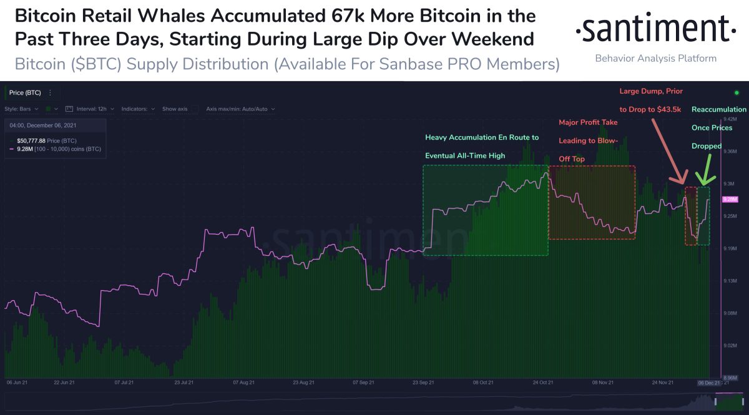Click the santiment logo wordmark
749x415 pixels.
pyautogui.click(x=655, y=29)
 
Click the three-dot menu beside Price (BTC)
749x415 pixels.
pyautogui.click(x=50, y=92)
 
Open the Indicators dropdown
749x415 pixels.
pyautogui.click(x=138, y=109)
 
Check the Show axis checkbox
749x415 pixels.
pyautogui.click(x=194, y=109)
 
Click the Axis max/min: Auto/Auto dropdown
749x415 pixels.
pyautogui.click(x=240, y=109)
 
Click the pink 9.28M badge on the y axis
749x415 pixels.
pyautogui.click(x=730, y=199)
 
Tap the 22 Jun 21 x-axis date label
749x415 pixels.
pyautogui.click(x=64, y=381)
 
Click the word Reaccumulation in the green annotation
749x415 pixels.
pyautogui.click(x=718, y=109)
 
